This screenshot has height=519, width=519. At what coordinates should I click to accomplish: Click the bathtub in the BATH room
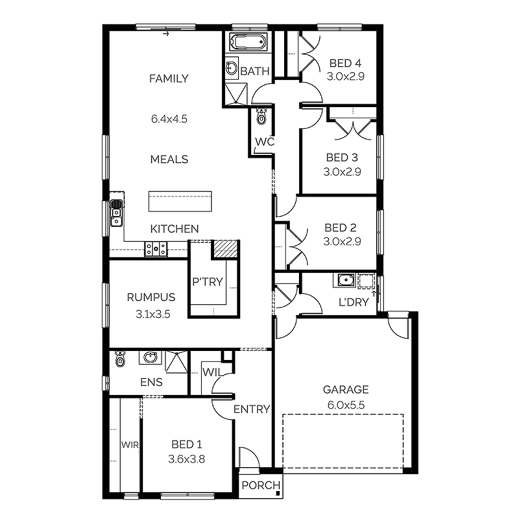[x=248, y=43]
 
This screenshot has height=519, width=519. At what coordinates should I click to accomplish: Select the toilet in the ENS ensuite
[x=120, y=359]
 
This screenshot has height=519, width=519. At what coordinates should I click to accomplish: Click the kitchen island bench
[x=180, y=201]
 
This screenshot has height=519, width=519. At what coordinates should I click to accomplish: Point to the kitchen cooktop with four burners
[x=156, y=249]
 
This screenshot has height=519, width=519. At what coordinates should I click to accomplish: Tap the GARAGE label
[x=346, y=390]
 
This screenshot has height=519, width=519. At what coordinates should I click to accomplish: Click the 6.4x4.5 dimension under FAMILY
[x=169, y=119]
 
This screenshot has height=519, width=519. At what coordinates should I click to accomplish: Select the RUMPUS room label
[x=151, y=297]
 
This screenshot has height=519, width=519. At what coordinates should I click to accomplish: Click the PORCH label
[x=261, y=485]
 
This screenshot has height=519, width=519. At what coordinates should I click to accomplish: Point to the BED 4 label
[x=345, y=63]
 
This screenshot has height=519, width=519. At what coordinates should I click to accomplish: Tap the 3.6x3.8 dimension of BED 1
[x=186, y=459]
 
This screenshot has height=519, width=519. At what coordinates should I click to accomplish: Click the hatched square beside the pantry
[x=225, y=249]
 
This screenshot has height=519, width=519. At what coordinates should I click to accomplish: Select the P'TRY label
[x=208, y=282]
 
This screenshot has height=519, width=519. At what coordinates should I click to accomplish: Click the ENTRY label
[x=252, y=409]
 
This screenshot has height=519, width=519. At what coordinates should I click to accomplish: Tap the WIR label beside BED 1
[x=130, y=445]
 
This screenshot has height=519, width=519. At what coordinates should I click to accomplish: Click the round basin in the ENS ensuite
[x=150, y=357]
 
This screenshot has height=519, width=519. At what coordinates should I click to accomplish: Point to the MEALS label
[x=169, y=159]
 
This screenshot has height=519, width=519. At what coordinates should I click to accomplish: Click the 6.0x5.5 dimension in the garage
[x=346, y=405]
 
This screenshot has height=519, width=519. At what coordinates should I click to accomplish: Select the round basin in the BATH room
[x=231, y=68]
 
